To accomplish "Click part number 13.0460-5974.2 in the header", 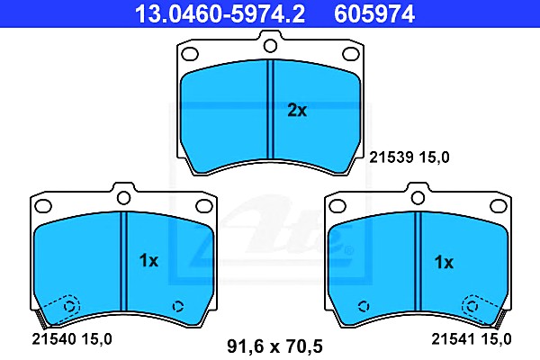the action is (220, 14).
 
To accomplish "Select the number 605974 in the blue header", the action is (374, 14).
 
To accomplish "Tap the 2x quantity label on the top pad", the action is (297, 111).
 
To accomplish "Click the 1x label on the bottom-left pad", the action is (148, 261).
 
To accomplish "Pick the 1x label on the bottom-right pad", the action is (444, 263).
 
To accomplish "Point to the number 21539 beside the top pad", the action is (391, 157).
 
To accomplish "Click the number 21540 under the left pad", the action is (54, 339).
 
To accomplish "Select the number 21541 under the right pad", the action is (454, 339).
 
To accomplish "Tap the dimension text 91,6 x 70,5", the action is (274, 346).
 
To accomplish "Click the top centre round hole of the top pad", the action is (270, 46).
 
